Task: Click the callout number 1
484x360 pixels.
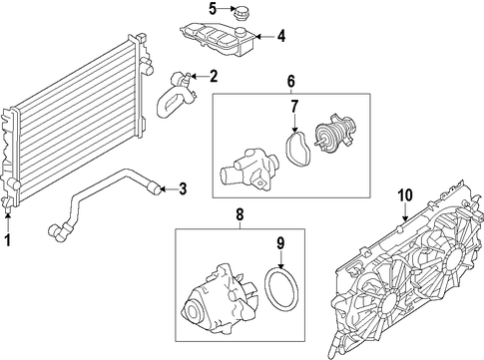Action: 8,239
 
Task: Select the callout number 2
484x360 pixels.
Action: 213,77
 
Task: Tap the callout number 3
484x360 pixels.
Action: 183,189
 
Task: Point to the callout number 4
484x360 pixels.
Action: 281,36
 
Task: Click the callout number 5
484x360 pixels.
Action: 213,9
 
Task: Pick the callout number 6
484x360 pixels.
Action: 290,81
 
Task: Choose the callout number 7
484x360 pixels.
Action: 294,107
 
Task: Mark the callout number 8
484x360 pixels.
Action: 240,214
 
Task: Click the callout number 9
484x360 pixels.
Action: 280,244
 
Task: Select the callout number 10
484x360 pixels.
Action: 405,195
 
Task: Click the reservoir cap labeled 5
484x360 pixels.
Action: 239,14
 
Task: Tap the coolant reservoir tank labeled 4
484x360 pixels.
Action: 218,39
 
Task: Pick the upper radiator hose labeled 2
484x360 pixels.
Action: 177,96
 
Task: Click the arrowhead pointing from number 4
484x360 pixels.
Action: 258,36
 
